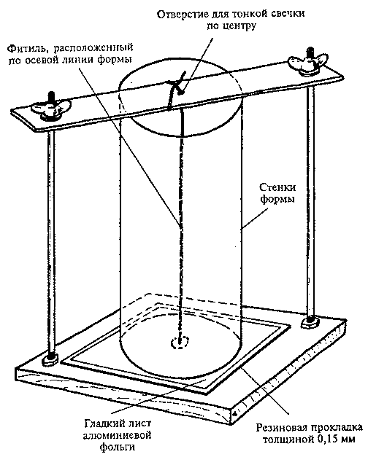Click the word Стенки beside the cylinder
pyautogui.click(x=277, y=187)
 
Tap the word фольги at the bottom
pyautogui.click(x=118, y=447)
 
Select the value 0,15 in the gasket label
pyautogui.click(x=326, y=440)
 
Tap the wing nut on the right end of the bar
pyautogui.click(x=308, y=62)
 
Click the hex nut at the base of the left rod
pyautogui.click(x=50, y=359)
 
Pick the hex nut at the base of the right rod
pyautogui.click(x=310, y=321)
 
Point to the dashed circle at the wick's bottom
pyautogui.click(x=180, y=342)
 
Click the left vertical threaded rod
pyautogui.click(x=51, y=243)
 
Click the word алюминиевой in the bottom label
pyautogui.click(x=118, y=435)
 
